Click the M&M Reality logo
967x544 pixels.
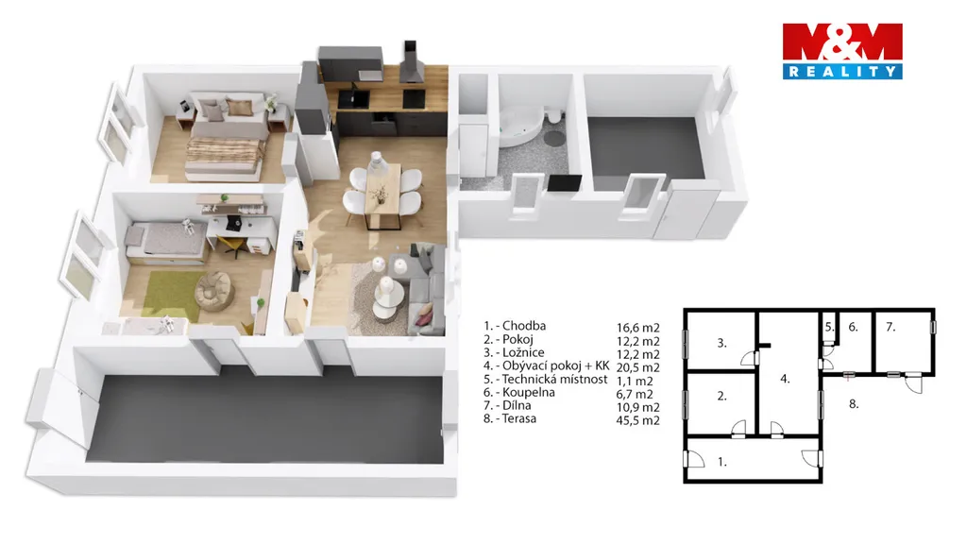[x=842, y=52]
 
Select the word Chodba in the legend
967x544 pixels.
[x=523, y=326]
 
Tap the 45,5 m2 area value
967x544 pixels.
[x=637, y=420]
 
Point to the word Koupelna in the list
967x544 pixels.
[x=529, y=392]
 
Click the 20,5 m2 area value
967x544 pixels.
[x=637, y=367]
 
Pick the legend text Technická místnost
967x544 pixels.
[x=554, y=380]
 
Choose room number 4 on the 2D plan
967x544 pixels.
[x=785, y=379]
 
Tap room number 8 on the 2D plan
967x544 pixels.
[x=854, y=404]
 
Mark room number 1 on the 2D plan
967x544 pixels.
[x=722, y=461]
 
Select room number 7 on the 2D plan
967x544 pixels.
[x=891, y=327]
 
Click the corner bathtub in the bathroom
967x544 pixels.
[x=521, y=127]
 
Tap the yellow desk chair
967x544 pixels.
[x=232, y=246]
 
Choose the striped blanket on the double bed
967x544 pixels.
[x=224, y=151]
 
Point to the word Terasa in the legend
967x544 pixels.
[x=519, y=418]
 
